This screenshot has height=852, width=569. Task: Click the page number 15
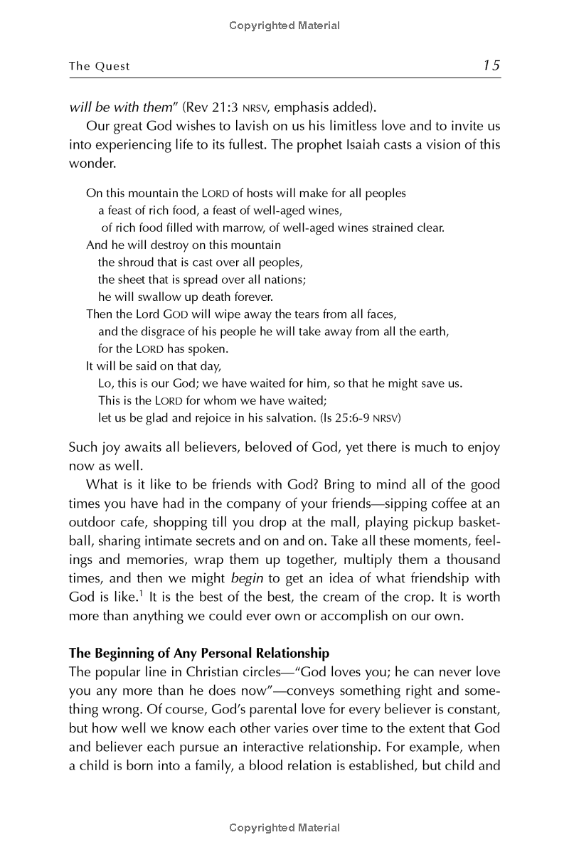pyautogui.click(x=491, y=65)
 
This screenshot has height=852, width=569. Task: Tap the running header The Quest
pyautogui.click(x=100, y=66)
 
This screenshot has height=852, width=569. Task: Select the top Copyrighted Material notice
pyautogui.click(x=284, y=26)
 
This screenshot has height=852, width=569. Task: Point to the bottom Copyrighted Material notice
pyautogui.click(x=284, y=827)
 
